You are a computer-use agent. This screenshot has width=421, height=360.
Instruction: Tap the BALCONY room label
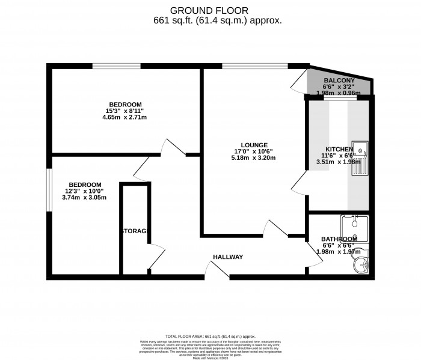pyautogui.click(x=339, y=81)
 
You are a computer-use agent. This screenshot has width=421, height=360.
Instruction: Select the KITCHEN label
pyautogui.click(x=339, y=148)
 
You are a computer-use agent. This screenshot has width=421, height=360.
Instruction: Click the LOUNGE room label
pyautogui.click(x=254, y=144)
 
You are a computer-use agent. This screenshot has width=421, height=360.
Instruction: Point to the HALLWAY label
pyautogui.click(x=228, y=257)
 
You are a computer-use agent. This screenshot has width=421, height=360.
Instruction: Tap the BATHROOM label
pyautogui.click(x=339, y=238)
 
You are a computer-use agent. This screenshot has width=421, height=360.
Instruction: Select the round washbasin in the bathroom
pyautogui.click(x=361, y=264)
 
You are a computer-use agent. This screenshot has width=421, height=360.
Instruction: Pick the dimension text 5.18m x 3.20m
pyautogui.click(x=254, y=159)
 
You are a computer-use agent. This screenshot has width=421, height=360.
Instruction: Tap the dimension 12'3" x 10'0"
pyautogui.click(x=85, y=191)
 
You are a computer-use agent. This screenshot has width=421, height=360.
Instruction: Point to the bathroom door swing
pyautogui.click(x=314, y=255)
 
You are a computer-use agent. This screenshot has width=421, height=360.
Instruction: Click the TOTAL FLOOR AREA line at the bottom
pyautogui.click(x=210, y=337)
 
